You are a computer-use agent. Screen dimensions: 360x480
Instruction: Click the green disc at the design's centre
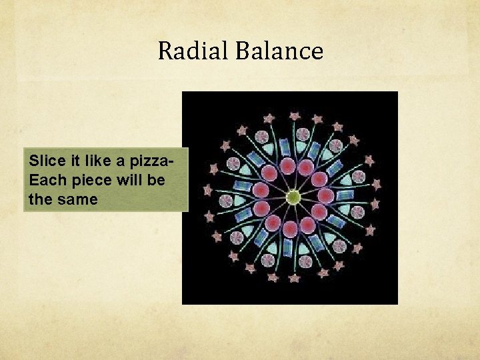293,197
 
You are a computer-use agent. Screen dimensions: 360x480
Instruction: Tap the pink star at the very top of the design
293,117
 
